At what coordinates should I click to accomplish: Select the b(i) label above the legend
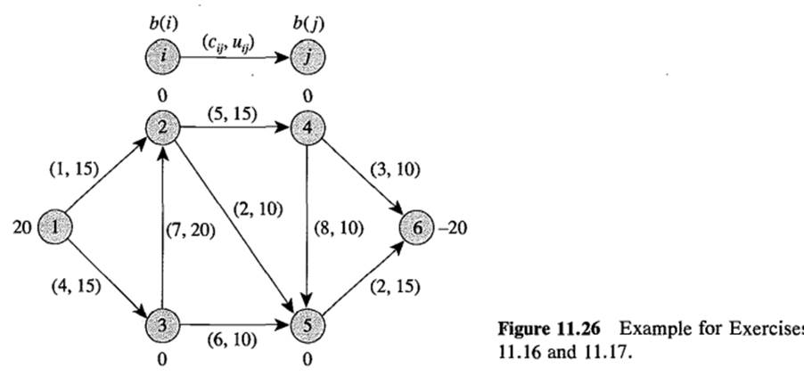click(x=161, y=24)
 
